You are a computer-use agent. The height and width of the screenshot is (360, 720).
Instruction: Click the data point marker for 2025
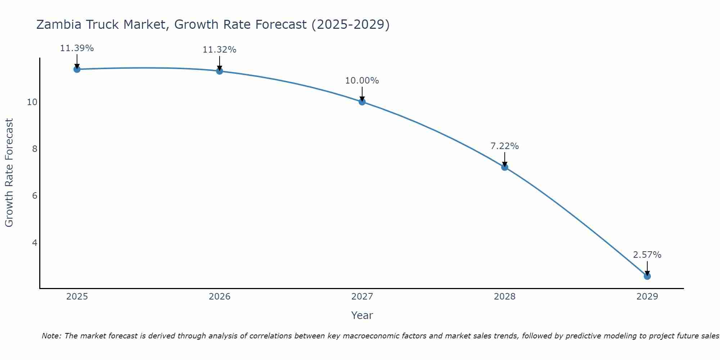click(77, 69)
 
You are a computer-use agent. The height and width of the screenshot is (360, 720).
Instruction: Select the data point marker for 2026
click(219, 71)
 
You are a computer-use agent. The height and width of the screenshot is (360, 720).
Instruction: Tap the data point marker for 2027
click(362, 102)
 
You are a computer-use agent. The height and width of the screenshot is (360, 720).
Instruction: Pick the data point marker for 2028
click(504, 167)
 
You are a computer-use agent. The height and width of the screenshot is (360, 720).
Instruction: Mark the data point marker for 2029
click(647, 276)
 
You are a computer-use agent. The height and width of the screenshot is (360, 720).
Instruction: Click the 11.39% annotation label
click(77, 48)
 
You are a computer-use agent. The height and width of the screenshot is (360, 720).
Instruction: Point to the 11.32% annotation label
click(219, 50)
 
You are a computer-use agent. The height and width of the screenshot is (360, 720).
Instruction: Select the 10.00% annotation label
click(362, 81)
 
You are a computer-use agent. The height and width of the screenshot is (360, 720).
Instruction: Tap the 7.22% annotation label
click(504, 146)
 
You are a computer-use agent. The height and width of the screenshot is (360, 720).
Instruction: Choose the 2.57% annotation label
click(647, 255)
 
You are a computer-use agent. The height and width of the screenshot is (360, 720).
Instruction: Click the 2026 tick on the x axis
click(220, 297)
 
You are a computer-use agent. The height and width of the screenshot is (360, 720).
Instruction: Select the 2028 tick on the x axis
click(504, 297)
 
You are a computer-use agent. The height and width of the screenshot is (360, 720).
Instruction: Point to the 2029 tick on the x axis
click(647, 297)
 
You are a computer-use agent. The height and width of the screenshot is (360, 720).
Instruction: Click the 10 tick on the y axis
click(32, 102)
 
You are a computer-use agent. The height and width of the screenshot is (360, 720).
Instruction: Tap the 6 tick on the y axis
click(35, 196)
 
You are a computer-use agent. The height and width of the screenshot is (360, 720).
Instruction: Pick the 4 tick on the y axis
click(35, 243)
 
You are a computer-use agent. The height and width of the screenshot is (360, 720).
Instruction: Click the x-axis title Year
click(362, 315)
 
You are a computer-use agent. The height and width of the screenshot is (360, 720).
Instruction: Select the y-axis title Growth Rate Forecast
click(9, 173)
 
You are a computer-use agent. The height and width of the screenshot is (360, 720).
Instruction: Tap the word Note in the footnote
click(51, 336)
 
